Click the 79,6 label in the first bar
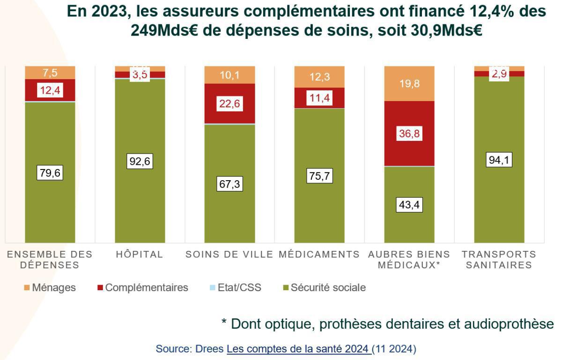coord(50,173)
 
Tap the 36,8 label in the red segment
coord(409,134)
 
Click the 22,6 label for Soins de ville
coord(229,104)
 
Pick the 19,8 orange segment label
coord(409,84)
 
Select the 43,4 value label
coord(409,205)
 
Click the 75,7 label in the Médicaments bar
coord(319,176)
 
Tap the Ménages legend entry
coord(49,287)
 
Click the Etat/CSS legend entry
coord(235,287)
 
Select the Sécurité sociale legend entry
coord(323,287)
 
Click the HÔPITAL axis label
coord(140,255)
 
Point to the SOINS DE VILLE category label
coord(229,255)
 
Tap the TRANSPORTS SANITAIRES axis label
coord(499,260)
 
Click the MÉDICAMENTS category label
coord(319,255)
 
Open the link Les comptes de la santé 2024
coord(299,349)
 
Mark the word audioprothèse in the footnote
coord(507,324)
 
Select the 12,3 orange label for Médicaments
coord(319,77)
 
